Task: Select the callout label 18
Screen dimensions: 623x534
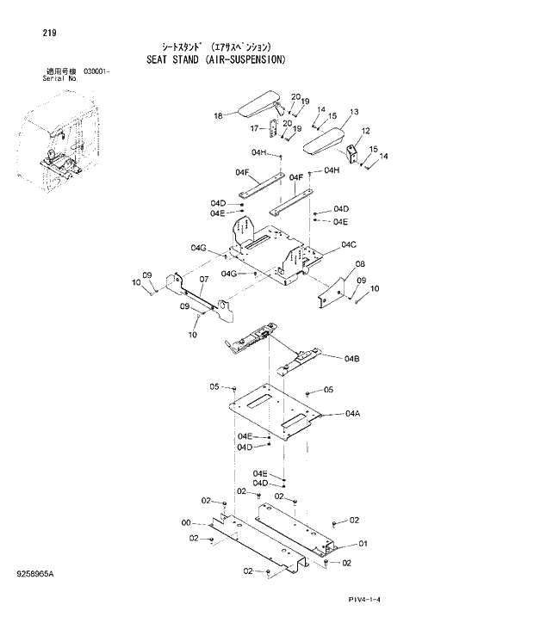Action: coord(218,115)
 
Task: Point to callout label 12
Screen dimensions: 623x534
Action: coord(366,131)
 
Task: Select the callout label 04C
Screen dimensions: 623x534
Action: coord(349,245)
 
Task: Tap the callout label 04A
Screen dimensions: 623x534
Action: coord(351,414)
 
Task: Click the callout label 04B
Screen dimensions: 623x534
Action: coord(351,358)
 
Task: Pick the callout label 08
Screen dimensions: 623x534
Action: coord(360,264)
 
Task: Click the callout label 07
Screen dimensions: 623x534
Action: coord(204,280)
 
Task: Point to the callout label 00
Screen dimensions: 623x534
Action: coord(185,522)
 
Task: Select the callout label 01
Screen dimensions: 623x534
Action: coord(363,543)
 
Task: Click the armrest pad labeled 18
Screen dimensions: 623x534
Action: coord(258,107)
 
